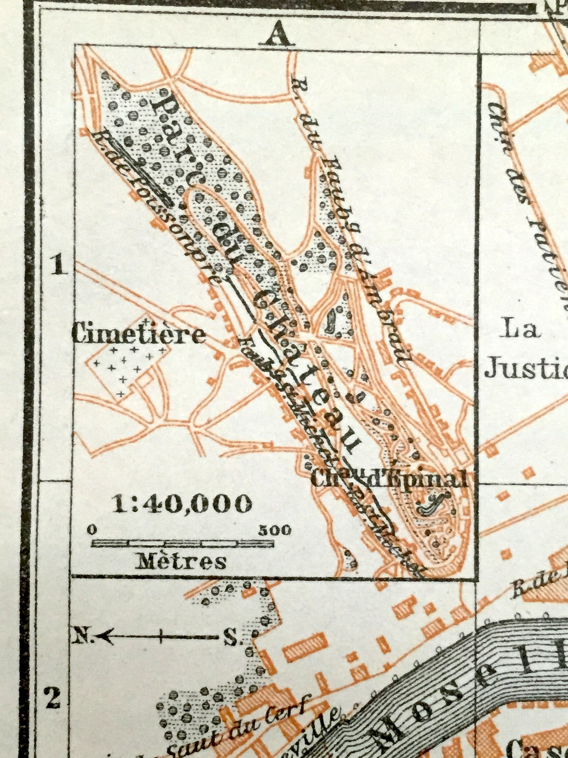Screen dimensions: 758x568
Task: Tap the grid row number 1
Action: tap(59, 266)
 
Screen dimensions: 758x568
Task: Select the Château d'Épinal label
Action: tap(389, 480)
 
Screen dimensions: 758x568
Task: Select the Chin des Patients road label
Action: tap(527, 185)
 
